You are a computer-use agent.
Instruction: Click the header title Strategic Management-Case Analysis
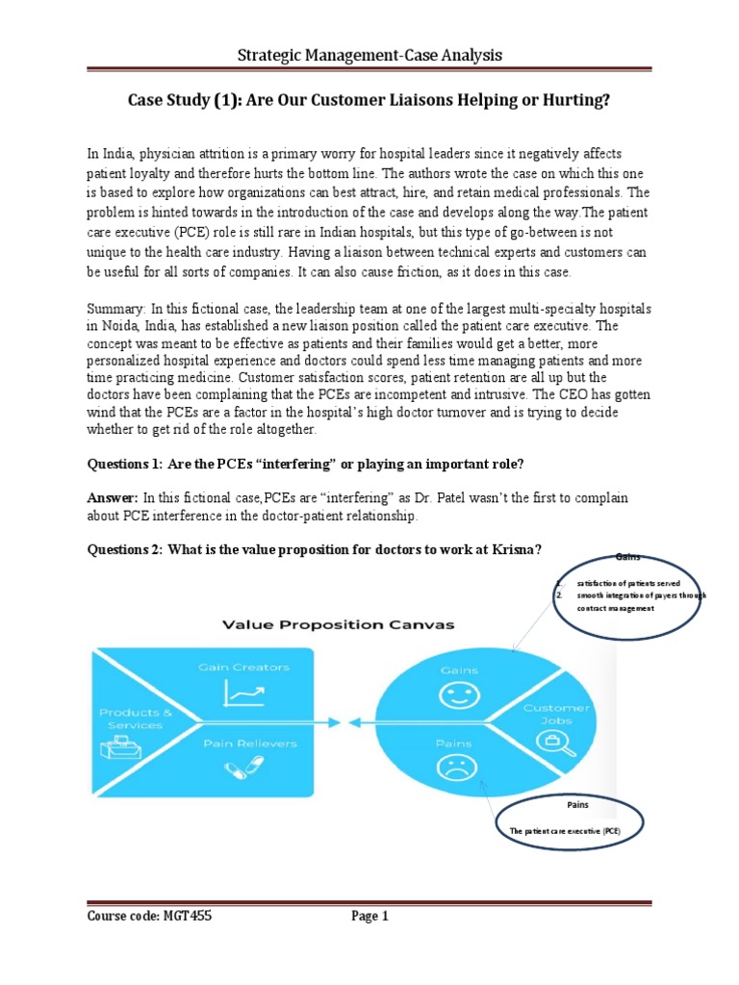tap(369, 56)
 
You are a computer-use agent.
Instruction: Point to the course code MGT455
tap(187, 917)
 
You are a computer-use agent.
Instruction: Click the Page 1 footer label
tap(369, 917)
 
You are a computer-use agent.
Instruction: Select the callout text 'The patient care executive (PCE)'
tap(564, 828)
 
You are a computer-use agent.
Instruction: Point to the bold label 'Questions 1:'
tap(124, 464)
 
